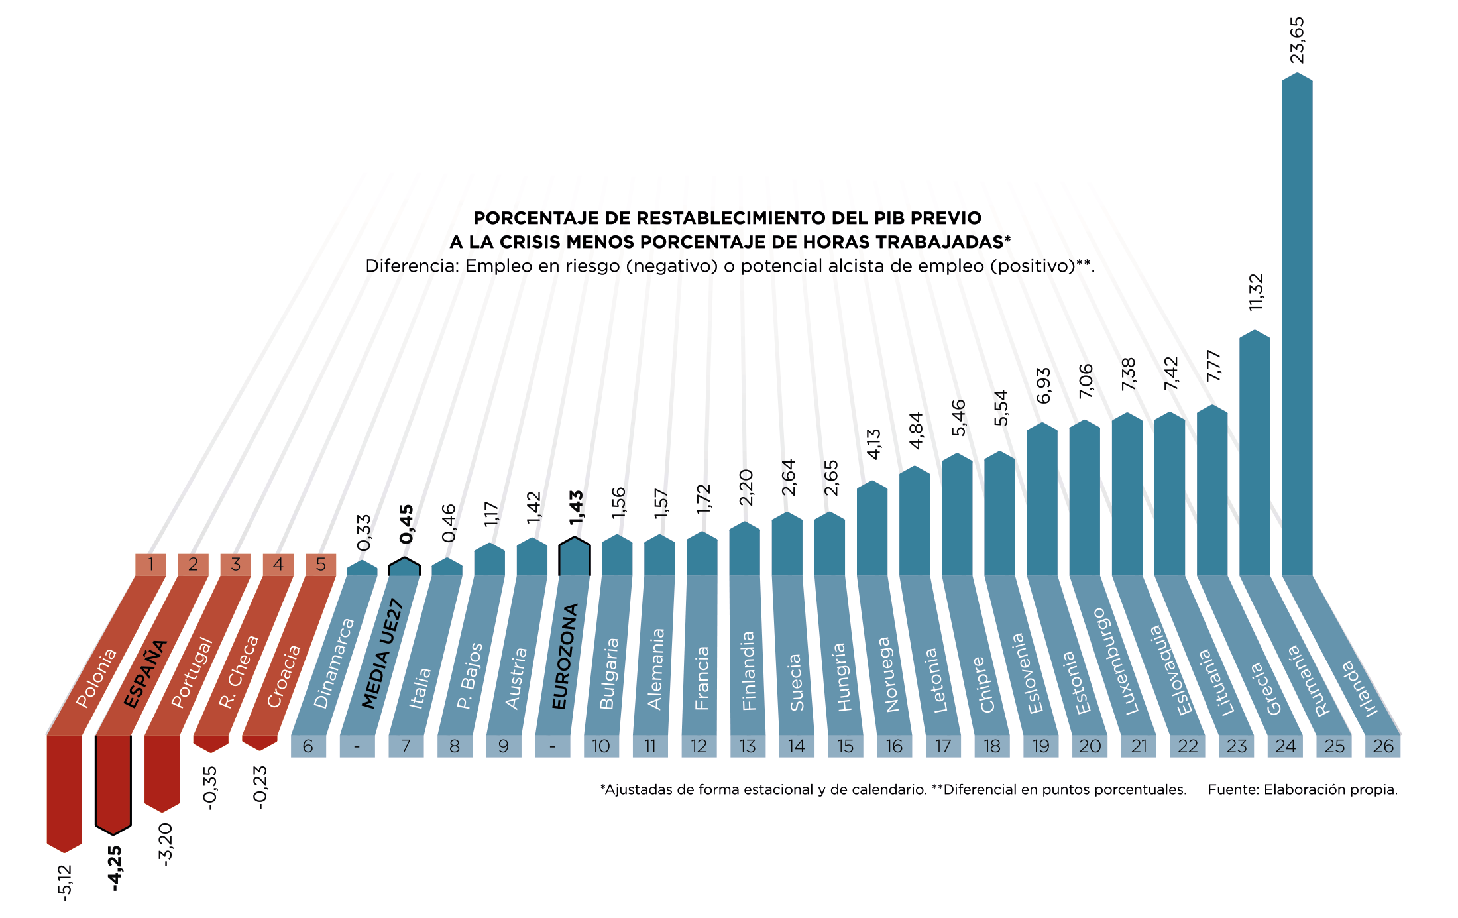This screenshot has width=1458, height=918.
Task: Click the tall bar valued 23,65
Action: coord(1297,325)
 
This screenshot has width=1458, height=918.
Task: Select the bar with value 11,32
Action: coord(1255,454)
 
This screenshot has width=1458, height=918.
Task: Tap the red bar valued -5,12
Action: coord(64,792)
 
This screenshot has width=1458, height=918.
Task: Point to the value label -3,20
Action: coord(165,844)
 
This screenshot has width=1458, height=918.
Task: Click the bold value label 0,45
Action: coord(406,524)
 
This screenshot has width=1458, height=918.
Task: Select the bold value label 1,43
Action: coord(577,508)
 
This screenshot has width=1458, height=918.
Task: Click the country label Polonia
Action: coord(97,677)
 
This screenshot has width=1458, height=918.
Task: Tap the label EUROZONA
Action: coord(565,656)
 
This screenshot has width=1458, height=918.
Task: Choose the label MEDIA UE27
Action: coord(382,654)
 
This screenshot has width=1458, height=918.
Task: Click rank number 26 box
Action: coord(1383,746)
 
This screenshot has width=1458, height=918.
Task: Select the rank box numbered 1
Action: coord(151,565)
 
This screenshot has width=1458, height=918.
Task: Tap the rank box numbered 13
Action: coord(748,746)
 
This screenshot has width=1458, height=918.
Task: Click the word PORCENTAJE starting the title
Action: coord(519,218)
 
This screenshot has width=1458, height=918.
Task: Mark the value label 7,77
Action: coord(1213,366)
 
